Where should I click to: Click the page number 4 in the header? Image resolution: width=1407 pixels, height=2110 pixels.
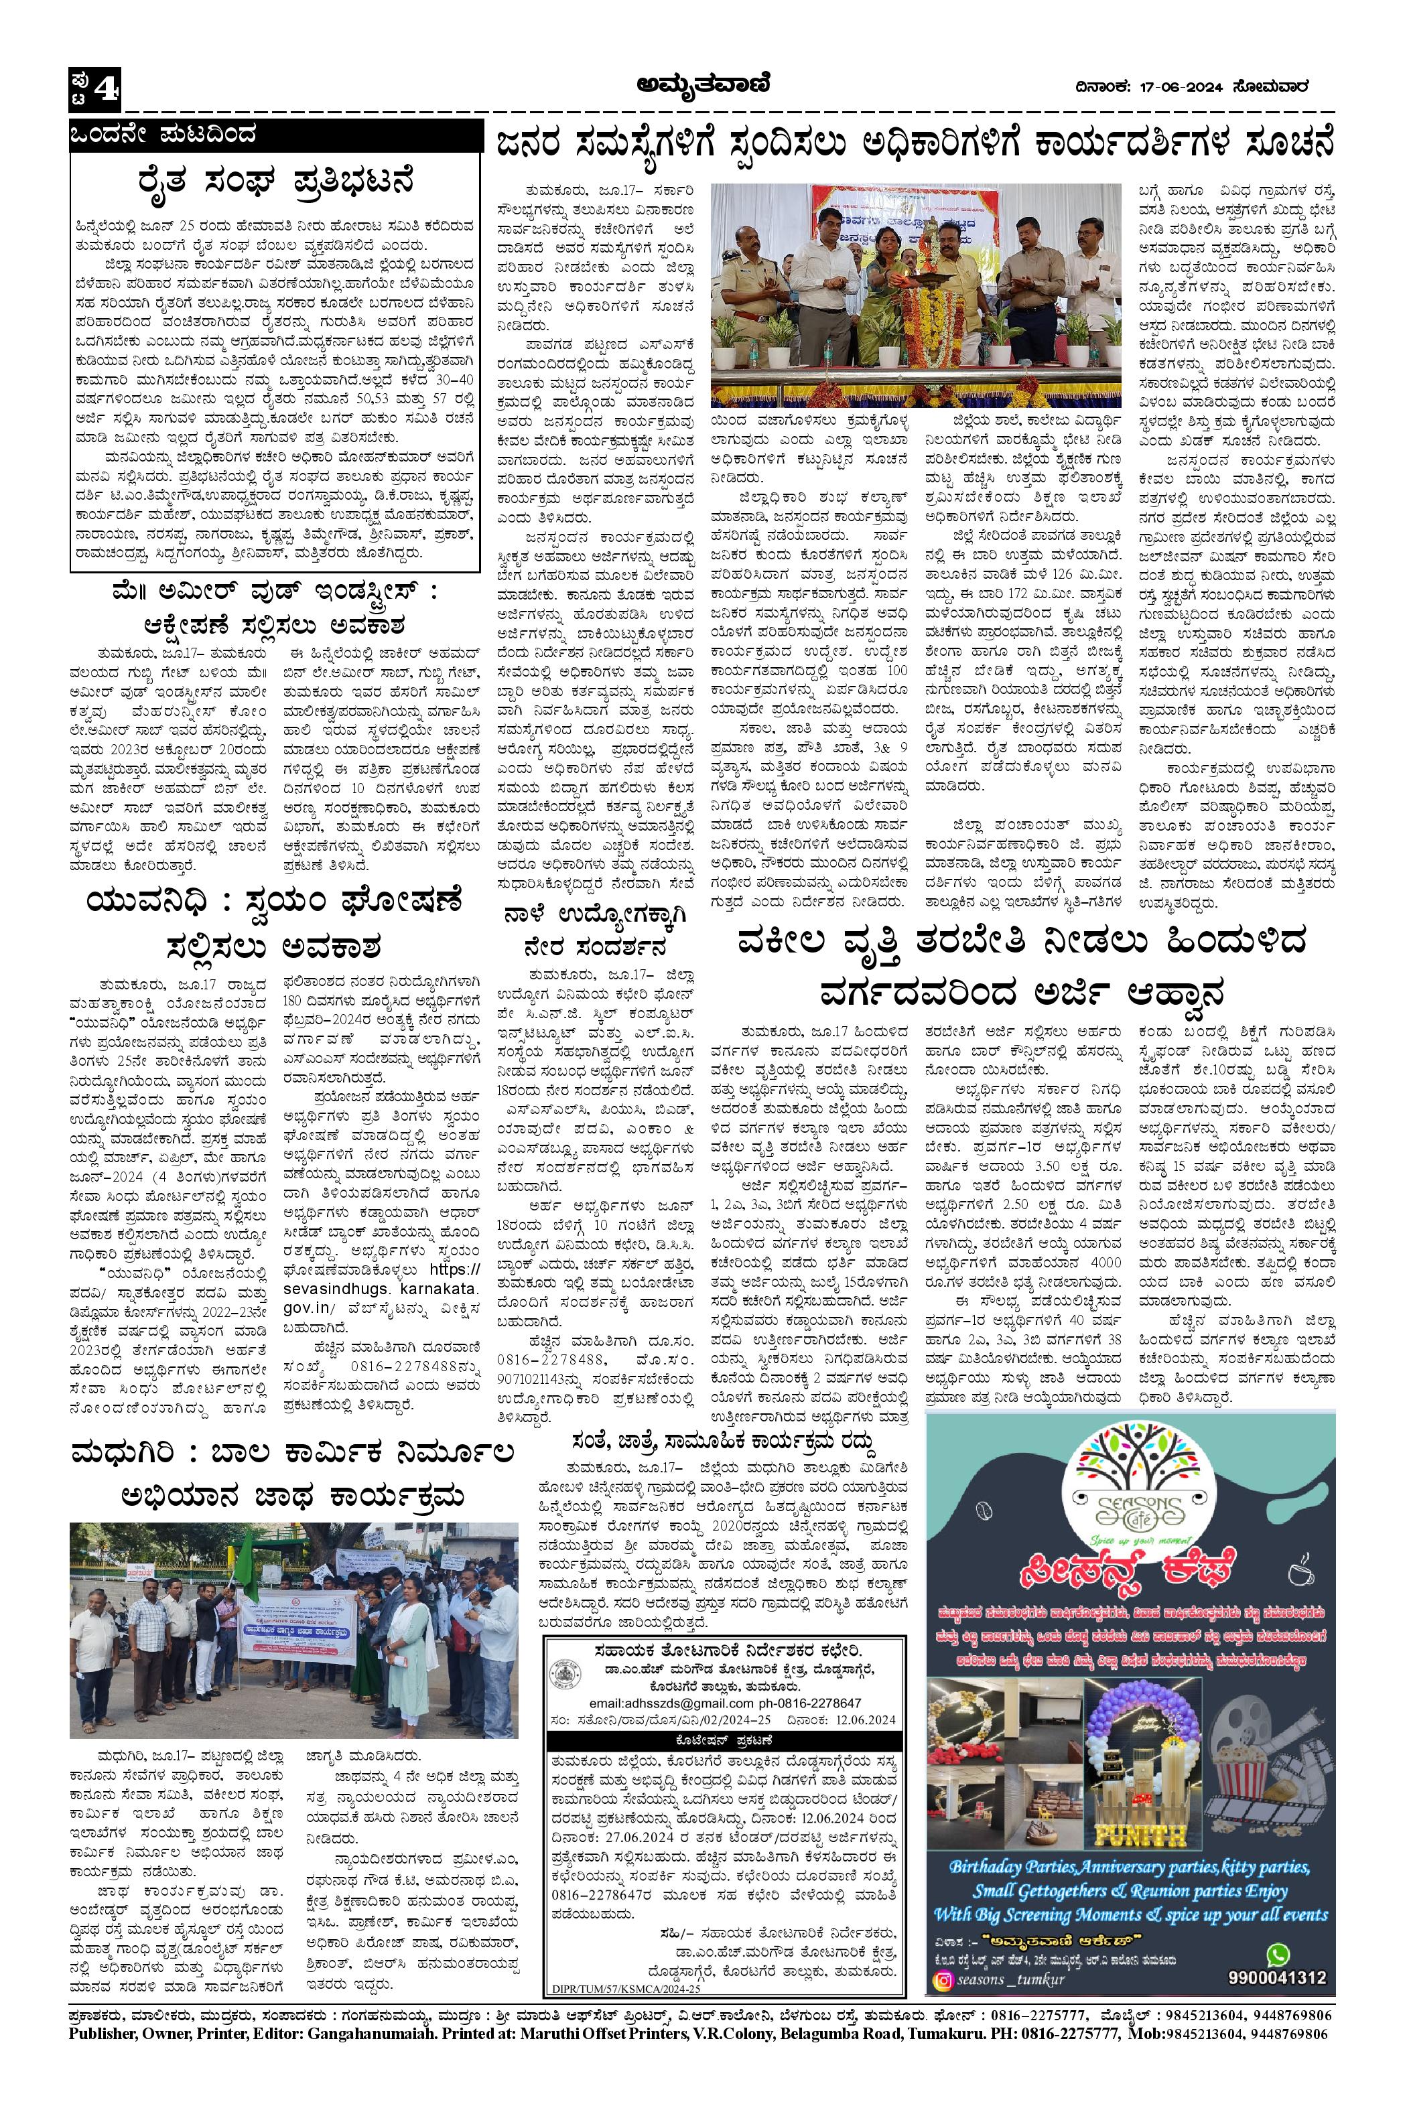105,88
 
